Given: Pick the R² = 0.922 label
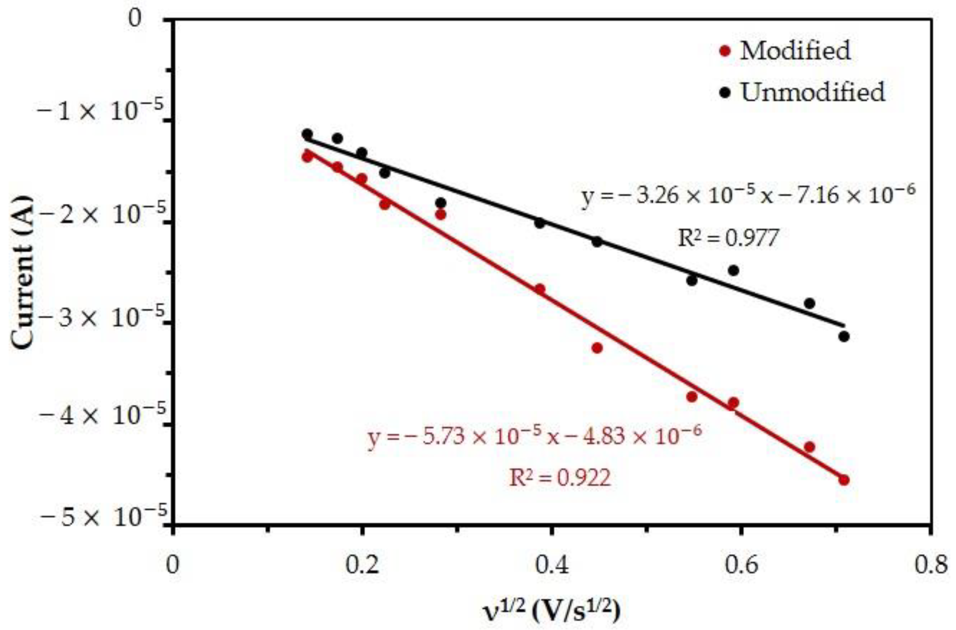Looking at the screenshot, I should coord(560,478).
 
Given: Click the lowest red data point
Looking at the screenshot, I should coord(844,480).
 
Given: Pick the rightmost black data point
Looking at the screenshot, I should coord(844,336).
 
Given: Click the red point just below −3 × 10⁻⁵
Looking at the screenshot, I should coord(597,347).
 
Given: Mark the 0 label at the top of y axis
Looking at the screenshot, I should coord(135,19).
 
